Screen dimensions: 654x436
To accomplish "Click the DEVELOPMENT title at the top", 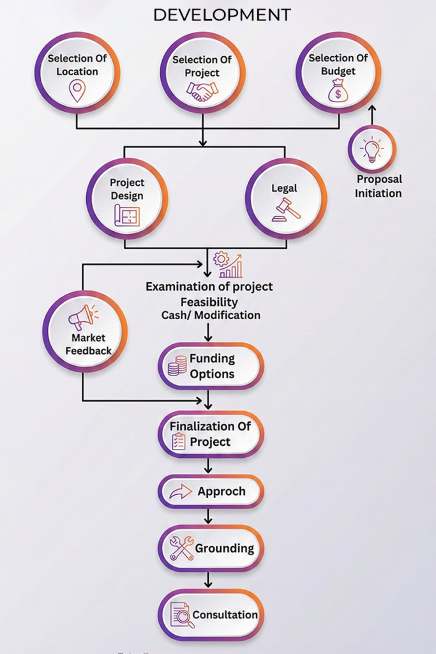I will coord(222,14).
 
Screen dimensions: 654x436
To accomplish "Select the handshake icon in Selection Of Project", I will coord(202,91).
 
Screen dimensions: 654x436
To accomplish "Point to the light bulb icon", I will coord(372,149).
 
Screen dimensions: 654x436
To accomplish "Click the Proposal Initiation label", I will coord(379,186).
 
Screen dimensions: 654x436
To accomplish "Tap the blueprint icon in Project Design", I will coord(126,217).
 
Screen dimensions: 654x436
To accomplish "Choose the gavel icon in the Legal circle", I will coord(285,209).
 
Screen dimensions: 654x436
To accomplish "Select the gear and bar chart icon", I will coord(228,264).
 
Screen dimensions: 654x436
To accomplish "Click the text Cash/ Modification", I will coord(211,315).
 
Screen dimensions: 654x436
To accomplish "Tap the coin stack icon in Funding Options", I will coord(177,366).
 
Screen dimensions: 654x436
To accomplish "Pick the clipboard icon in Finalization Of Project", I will coord(179,441).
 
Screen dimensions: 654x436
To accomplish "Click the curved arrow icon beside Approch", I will coord(180,492).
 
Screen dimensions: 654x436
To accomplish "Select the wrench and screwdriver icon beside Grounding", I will coord(181,549).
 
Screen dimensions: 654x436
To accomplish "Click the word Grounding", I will coord(224,548).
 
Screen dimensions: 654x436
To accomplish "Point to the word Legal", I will coord(283,188).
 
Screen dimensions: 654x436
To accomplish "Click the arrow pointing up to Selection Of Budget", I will coord(373,115).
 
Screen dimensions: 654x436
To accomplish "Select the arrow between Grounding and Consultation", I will coord(208,580).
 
